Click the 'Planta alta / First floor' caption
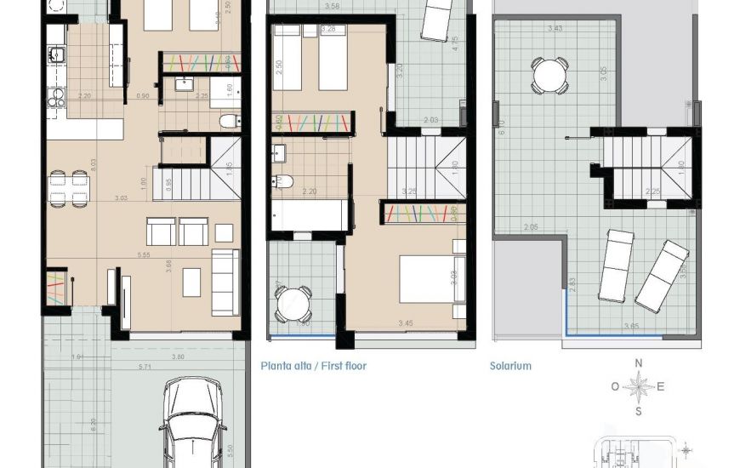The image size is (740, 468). coord(313,366)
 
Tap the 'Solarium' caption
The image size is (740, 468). coord(510,366)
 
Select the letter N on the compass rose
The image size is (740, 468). coord(639,363)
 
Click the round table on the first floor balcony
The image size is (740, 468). coord(293,303)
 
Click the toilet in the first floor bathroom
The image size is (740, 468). coord(284,181)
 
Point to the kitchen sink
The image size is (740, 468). coord(56,56)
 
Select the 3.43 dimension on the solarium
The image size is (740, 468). coord(555,28)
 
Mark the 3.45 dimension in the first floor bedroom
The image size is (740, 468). coord(405,323)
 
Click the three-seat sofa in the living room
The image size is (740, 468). coord(225,283)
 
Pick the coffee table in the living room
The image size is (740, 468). coord(191,283)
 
